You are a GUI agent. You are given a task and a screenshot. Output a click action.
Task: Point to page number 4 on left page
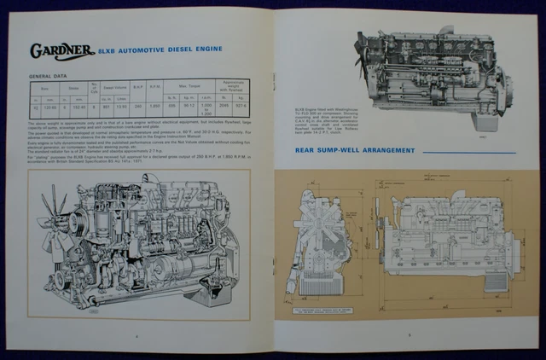click(x=136, y=336)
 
